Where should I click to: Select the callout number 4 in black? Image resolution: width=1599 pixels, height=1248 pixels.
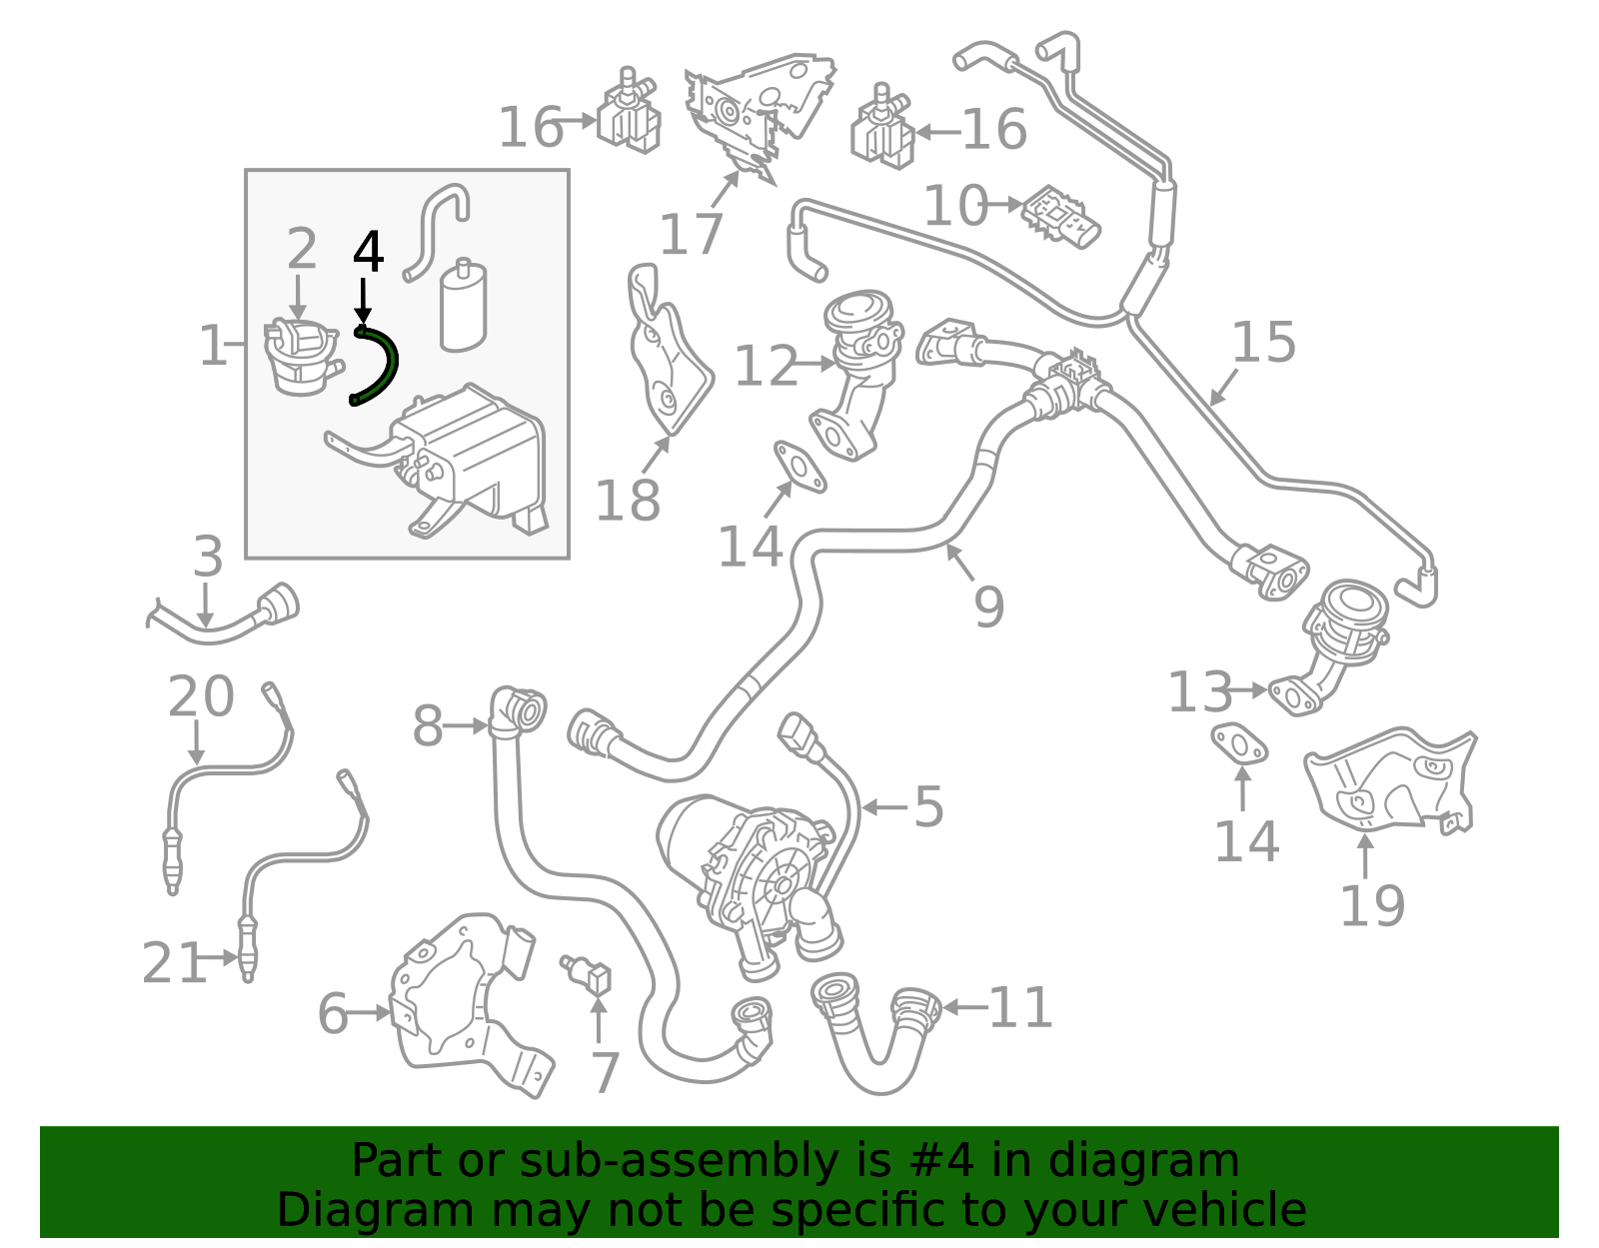[x=368, y=252]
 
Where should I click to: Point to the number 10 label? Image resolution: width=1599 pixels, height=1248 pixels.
[x=955, y=205]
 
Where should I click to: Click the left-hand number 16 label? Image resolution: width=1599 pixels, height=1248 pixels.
[x=531, y=127]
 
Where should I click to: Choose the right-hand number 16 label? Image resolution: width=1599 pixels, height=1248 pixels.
[x=994, y=130]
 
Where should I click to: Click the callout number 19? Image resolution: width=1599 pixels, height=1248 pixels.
[x=1372, y=906]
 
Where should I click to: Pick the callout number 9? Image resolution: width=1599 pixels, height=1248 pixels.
[x=989, y=607]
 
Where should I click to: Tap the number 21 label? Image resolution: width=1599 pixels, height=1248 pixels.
[x=174, y=962]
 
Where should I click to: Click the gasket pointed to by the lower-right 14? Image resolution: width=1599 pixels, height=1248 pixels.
[x=1240, y=744]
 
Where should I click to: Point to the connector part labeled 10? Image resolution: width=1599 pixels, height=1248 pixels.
[x=1061, y=217]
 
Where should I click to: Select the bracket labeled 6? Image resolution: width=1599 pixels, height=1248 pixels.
[x=471, y=1006]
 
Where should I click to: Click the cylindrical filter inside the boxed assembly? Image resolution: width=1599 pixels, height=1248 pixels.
[x=463, y=305]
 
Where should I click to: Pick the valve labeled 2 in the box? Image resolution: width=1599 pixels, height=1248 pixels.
[x=302, y=356]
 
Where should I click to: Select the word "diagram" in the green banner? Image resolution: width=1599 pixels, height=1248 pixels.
[x=1143, y=1161]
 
